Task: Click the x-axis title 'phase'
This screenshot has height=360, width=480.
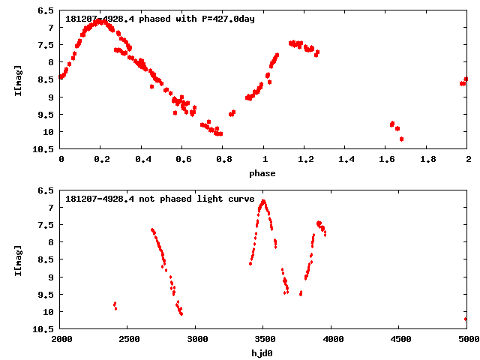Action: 262,173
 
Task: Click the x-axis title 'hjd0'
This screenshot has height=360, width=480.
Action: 262,352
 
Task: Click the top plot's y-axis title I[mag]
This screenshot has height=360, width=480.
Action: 17,79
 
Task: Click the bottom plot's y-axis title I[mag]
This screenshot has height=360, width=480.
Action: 17,259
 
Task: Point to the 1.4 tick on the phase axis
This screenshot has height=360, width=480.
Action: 346,160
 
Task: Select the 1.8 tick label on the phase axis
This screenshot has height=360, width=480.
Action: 427,160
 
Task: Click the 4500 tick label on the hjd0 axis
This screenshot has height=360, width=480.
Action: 399,339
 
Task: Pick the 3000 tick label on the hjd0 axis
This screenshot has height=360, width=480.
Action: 196,339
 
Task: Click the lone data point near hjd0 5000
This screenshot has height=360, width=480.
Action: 466,319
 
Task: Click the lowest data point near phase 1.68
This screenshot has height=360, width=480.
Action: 402,139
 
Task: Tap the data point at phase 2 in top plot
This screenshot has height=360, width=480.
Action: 466,79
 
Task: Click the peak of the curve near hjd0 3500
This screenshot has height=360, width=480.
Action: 263,201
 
